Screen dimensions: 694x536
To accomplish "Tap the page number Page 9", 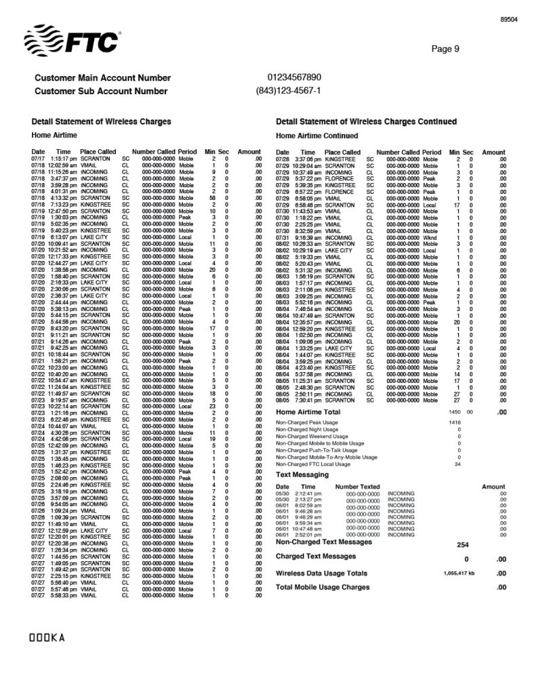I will tap(445, 48).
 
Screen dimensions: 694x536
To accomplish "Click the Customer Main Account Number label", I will tap(102, 78).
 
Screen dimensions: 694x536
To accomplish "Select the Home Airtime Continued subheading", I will tap(317, 136).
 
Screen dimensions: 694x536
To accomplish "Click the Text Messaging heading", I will tap(303, 474).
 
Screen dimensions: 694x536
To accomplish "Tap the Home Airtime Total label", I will tap(308, 411).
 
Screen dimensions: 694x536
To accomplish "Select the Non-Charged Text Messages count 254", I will tap(463, 545).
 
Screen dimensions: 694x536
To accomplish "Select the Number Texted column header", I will tap(357, 487).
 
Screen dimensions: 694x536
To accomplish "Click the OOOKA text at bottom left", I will tap(45, 638).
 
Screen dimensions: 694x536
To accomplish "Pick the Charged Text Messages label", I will tap(316, 556).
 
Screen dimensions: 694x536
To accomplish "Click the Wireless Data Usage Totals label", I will tap(322, 573).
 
